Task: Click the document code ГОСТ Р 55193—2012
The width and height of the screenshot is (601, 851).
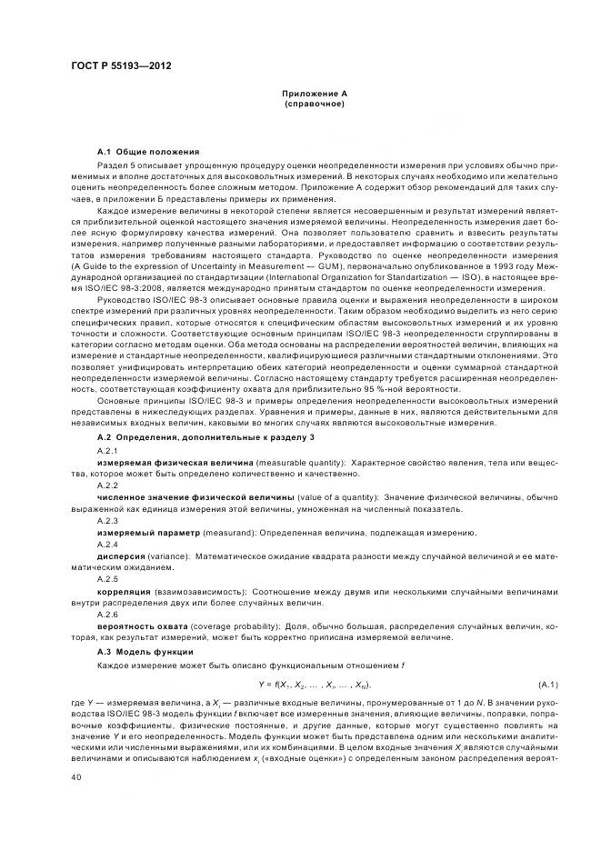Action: (121, 66)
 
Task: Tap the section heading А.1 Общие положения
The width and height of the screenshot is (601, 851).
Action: (148, 150)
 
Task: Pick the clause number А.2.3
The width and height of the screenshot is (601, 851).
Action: (107, 520)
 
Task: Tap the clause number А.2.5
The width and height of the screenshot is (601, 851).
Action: (107, 578)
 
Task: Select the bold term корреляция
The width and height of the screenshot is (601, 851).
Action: (125, 591)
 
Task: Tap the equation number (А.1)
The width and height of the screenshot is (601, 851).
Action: (547, 684)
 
